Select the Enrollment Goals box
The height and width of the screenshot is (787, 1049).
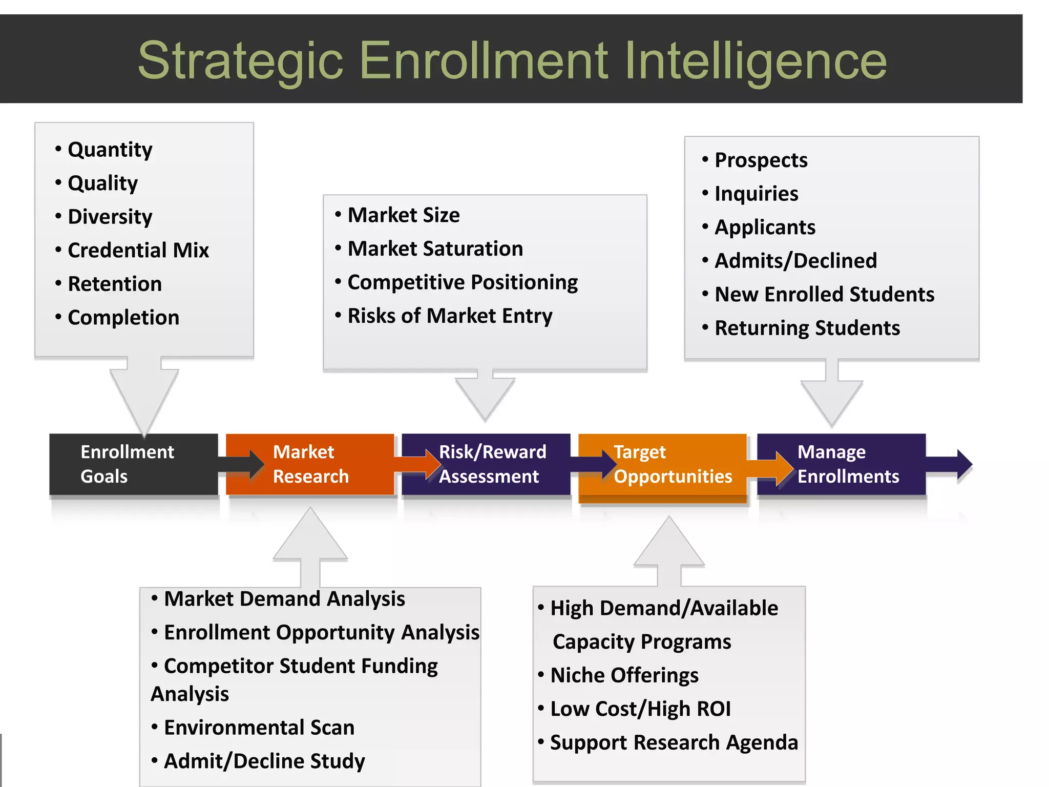133,464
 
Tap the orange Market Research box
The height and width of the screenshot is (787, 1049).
310,464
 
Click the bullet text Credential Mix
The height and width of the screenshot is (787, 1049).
138,251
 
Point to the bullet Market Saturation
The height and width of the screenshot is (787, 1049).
435,249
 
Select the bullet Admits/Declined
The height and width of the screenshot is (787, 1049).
795,261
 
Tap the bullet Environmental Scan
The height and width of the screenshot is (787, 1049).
259,728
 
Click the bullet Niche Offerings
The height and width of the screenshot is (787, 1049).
624,675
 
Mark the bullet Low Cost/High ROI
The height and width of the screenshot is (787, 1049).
640,709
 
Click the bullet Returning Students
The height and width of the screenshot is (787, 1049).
807,328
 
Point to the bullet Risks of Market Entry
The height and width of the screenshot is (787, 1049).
449,316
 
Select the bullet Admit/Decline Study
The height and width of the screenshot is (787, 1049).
264,761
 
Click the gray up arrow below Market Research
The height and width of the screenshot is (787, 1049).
310,543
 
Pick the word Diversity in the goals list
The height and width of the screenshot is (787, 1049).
110,217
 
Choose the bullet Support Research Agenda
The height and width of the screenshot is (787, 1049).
674,743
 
